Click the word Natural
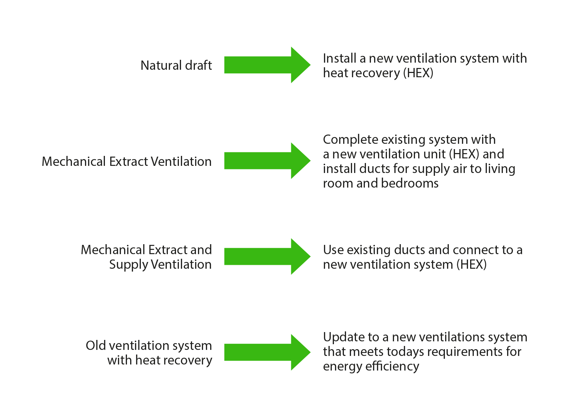(x=161, y=65)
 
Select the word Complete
(x=350, y=140)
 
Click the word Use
(x=333, y=250)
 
